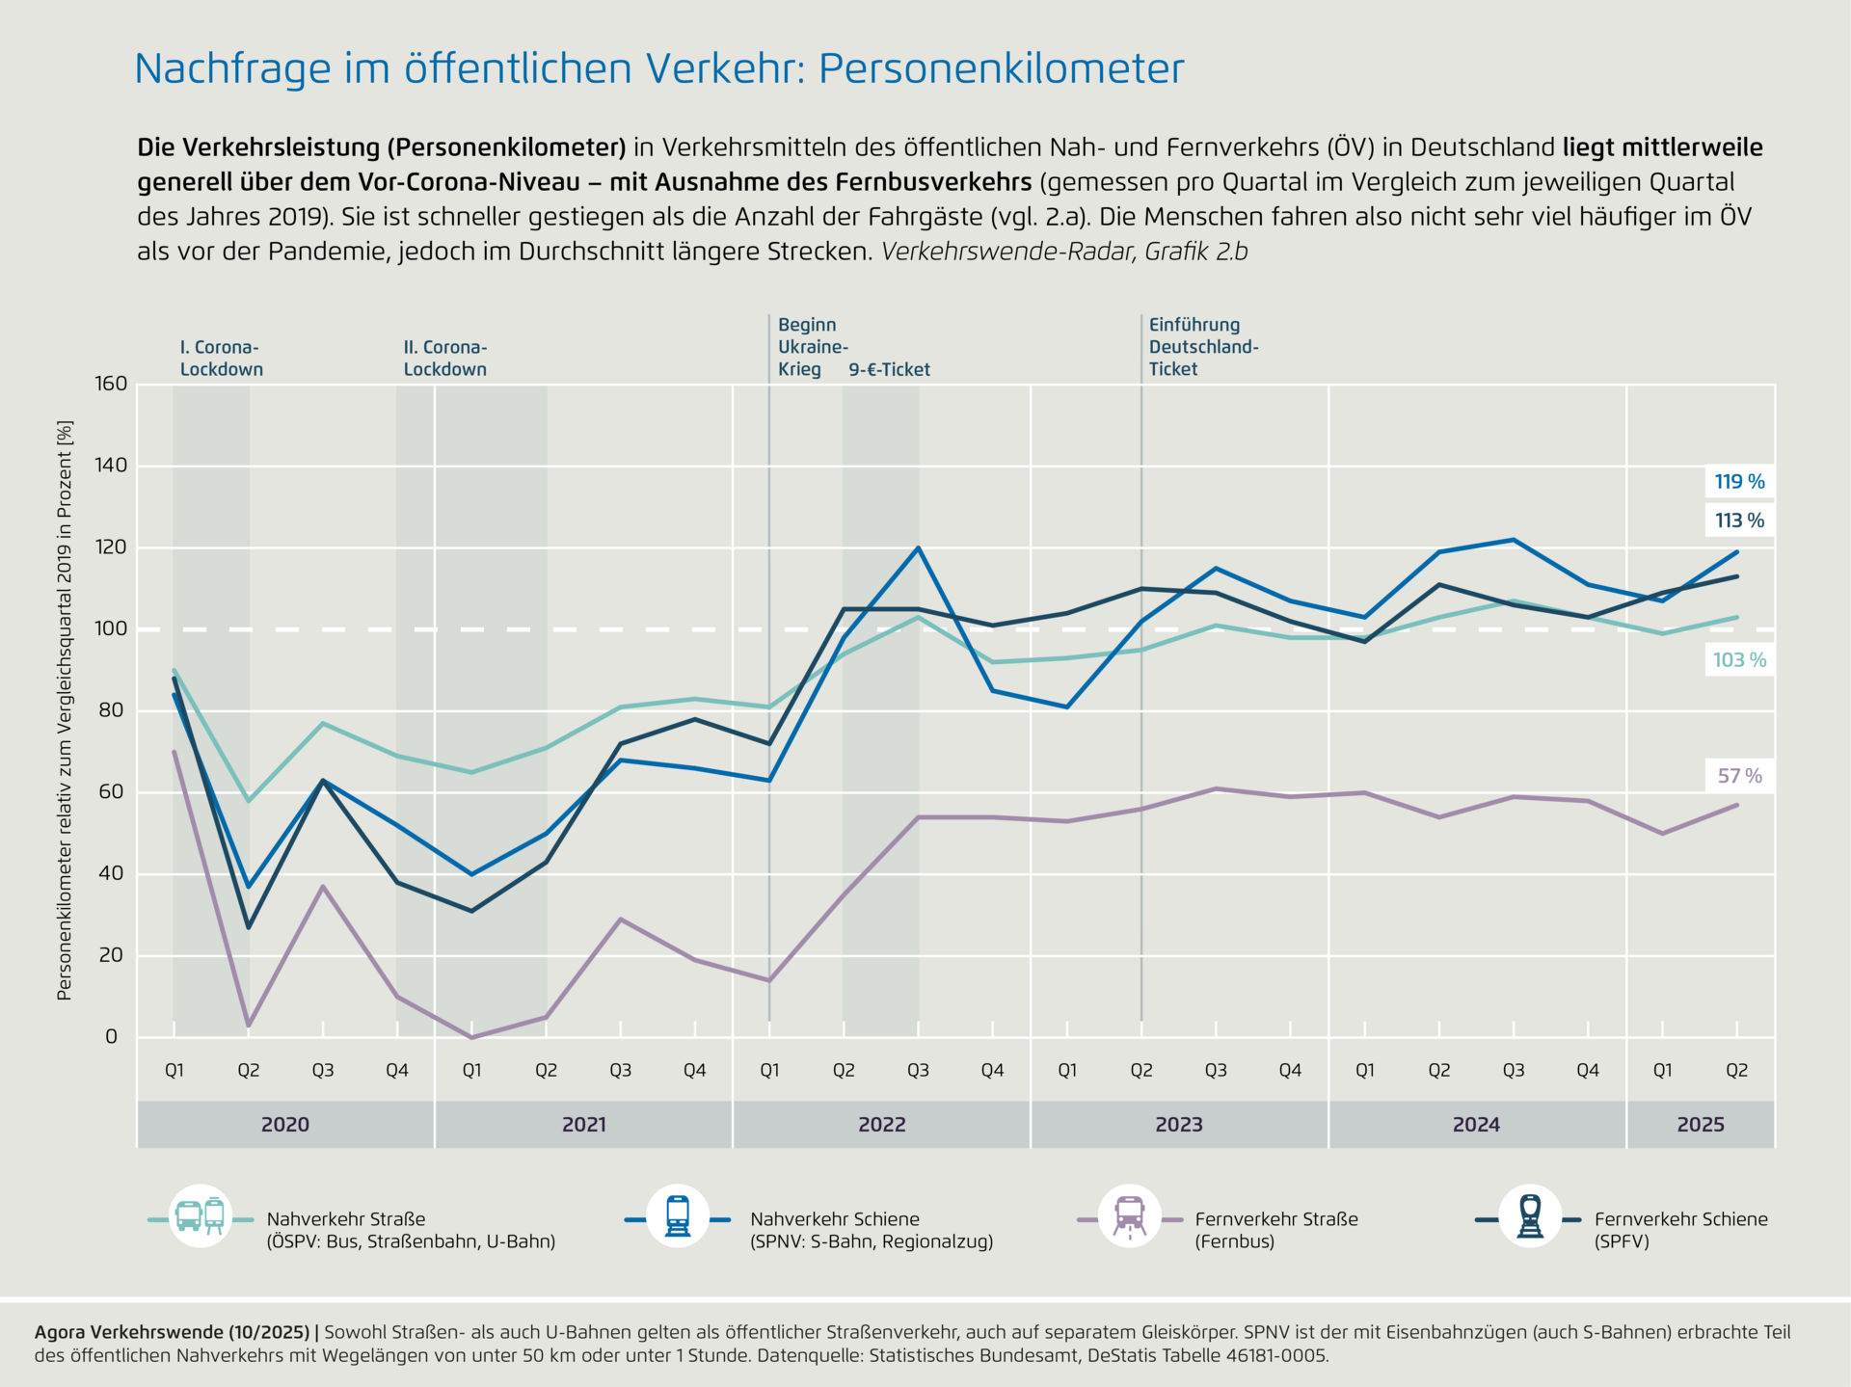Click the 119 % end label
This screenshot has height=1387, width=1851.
(x=1739, y=482)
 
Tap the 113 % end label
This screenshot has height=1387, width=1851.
(x=1739, y=520)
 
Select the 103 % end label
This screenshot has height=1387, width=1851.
(x=1739, y=660)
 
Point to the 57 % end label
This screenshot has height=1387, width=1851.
(x=1739, y=776)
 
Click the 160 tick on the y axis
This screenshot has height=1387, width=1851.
(x=111, y=384)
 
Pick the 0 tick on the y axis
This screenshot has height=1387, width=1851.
(x=111, y=1037)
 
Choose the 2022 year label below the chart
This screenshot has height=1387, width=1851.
(x=881, y=1125)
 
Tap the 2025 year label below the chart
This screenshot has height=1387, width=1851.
(x=1700, y=1125)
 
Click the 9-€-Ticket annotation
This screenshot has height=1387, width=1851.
(x=889, y=370)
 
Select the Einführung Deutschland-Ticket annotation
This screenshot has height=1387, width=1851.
(x=1203, y=347)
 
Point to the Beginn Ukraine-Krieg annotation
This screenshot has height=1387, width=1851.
(x=812, y=347)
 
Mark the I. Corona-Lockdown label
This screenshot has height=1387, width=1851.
(x=221, y=359)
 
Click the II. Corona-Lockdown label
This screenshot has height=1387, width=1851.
(x=444, y=359)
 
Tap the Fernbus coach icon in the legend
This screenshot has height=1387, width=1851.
(x=1129, y=1216)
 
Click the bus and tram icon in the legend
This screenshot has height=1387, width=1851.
(x=201, y=1216)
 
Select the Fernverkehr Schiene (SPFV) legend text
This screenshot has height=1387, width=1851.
(x=1680, y=1230)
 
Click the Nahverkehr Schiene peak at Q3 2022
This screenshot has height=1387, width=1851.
(x=918, y=547)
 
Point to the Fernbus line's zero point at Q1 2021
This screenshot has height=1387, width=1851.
(x=471, y=1037)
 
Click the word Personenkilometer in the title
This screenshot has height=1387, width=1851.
(x=1001, y=68)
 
